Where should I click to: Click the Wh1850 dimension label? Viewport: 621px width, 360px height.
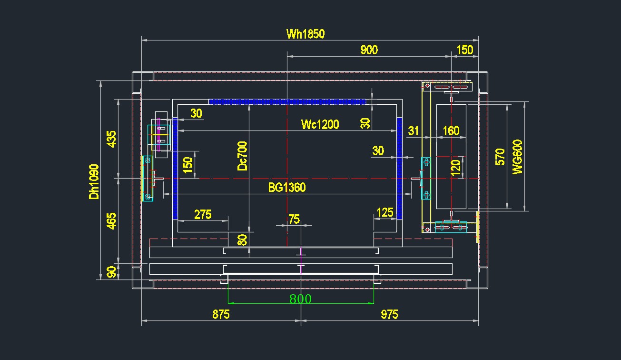[305, 34]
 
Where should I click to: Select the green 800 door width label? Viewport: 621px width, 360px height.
[300, 299]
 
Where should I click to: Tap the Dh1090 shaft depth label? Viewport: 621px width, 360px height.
[94, 181]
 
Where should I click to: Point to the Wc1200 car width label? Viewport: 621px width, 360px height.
[320, 125]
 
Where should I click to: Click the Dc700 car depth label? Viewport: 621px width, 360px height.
[243, 156]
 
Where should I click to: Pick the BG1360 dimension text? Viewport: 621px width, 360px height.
[287, 188]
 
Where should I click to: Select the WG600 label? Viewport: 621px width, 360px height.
[517, 157]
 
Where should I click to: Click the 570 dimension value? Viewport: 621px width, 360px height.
[500, 157]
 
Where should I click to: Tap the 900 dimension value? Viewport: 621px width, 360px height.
[369, 50]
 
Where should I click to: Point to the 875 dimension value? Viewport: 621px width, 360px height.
[221, 314]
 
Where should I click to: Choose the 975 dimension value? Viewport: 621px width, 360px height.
[389, 314]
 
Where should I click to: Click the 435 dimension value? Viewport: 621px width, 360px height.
[111, 139]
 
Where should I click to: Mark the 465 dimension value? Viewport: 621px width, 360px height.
[111, 221]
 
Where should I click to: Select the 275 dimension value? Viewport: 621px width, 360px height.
[203, 214]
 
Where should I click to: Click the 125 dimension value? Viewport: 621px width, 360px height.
[384, 212]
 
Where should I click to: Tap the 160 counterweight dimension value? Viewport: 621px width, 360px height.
[451, 130]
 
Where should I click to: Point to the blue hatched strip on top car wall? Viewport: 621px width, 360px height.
[287, 101]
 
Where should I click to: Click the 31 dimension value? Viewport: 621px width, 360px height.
[414, 130]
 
